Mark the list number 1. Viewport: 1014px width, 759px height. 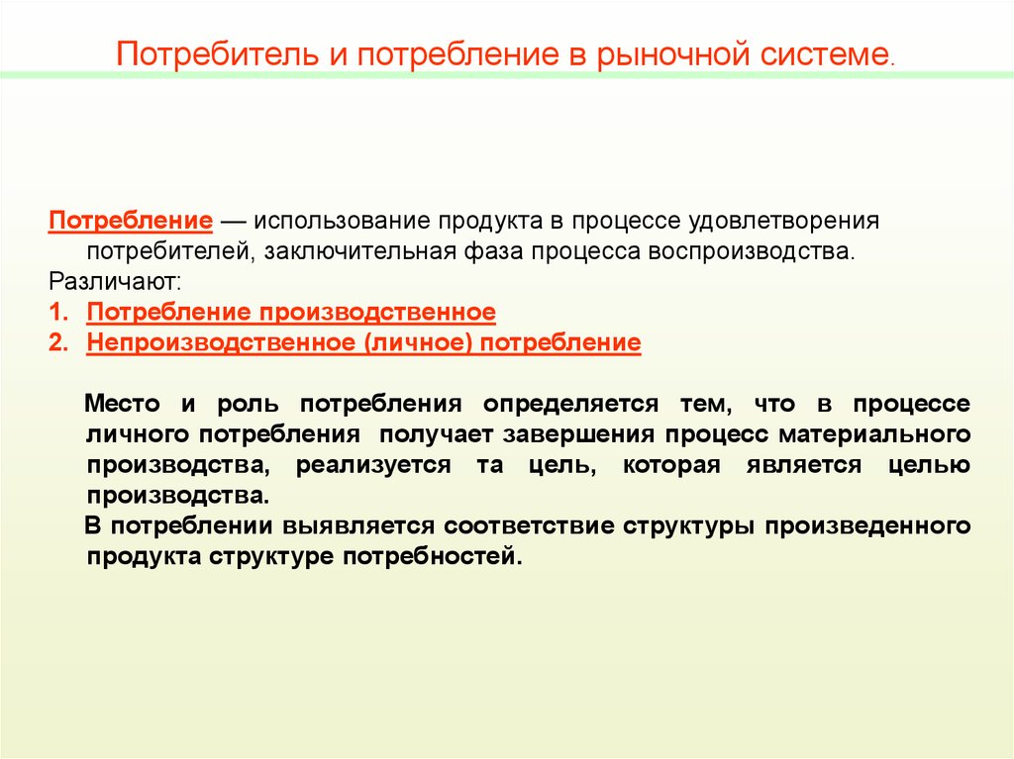56,313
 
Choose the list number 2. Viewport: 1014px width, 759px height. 56,343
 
